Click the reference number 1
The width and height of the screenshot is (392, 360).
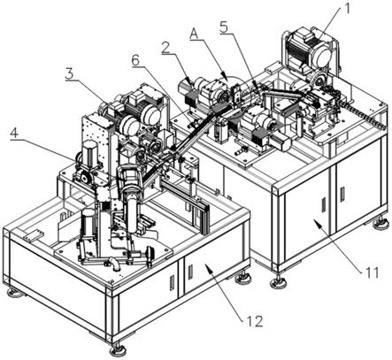tap(347, 9)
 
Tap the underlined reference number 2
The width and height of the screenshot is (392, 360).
tap(167, 47)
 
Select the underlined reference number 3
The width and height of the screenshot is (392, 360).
tap(71, 73)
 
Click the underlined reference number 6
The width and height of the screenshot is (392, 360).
tap(136, 60)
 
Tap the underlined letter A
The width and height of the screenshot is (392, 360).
tap(195, 34)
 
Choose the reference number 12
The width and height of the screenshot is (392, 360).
tap(255, 321)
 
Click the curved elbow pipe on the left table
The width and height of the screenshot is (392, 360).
tap(114, 264)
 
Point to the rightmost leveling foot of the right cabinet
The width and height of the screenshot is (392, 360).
tap(380, 223)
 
